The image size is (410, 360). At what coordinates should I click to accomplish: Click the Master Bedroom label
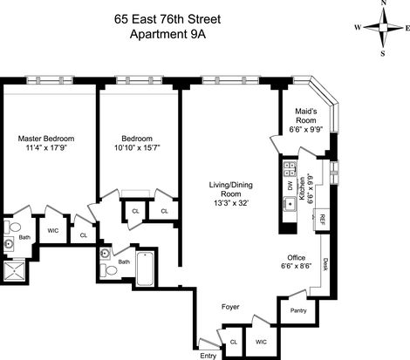[x=46, y=139]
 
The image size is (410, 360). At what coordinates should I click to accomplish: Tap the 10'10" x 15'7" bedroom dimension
[x=137, y=148]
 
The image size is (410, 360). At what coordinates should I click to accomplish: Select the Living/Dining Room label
[x=231, y=189]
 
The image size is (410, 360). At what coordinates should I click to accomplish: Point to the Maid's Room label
[x=306, y=116]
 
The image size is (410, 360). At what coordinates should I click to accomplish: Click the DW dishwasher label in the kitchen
[x=290, y=186]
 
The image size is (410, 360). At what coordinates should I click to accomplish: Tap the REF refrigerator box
[x=322, y=220]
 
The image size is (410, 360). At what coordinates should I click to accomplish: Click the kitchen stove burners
[x=290, y=169]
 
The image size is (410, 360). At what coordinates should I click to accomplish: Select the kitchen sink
[x=290, y=203]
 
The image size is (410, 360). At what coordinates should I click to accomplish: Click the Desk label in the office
[x=325, y=264]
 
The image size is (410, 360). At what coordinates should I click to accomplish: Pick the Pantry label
[x=298, y=310]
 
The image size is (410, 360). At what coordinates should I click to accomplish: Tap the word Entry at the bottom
[x=208, y=356]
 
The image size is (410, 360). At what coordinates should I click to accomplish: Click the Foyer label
[x=230, y=307]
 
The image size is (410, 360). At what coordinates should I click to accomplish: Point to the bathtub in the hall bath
[x=145, y=268]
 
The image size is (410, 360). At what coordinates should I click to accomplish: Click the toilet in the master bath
[x=12, y=227]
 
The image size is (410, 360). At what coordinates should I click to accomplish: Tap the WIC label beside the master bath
[x=53, y=231]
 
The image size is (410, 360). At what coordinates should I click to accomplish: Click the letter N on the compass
[x=384, y=3]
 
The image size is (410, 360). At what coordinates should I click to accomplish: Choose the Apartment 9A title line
[x=167, y=34]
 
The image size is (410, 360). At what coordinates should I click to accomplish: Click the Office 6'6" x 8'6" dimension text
[x=297, y=266]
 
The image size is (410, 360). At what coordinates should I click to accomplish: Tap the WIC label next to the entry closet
[x=261, y=342]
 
